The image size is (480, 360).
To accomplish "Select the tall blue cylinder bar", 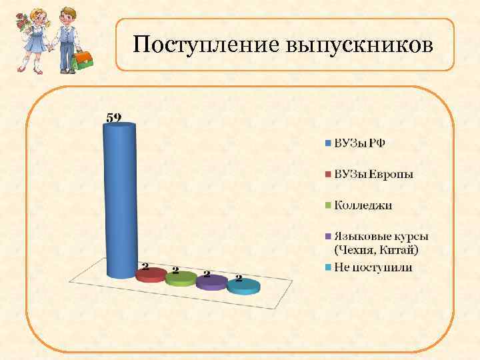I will tap(120, 200).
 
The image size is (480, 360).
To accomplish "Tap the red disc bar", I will tap(150, 274).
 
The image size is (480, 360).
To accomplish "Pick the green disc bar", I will tap(181, 279).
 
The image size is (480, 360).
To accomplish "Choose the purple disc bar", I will tap(211, 282).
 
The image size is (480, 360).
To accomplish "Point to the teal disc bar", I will tap(243, 286).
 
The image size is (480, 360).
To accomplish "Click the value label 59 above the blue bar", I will tap(114, 117).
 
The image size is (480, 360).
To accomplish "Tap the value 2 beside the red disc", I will tap(144, 265).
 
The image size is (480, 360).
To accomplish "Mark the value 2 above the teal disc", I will tap(238, 278).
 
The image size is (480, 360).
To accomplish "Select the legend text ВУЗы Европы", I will tap(373, 174).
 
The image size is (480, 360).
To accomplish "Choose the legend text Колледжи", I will tap(363, 205).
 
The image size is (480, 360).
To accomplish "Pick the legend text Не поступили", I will tap(373, 267).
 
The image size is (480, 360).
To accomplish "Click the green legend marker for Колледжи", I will tap(328, 205).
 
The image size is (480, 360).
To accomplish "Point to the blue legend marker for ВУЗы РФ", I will tap(328, 143).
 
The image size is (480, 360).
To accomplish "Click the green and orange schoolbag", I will tap(83, 61).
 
